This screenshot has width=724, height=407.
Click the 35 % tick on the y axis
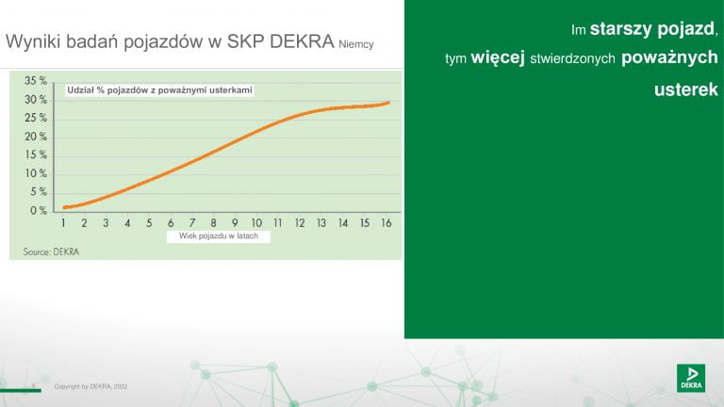pyautogui.click(x=36, y=81)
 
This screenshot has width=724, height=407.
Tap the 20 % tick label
pyautogui.click(x=36, y=137)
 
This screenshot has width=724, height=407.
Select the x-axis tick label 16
pyautogui.click(x=387, y=223)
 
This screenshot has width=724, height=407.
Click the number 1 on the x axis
pyautogui.click(x=63, y=223)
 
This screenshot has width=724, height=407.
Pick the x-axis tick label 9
pyautogui.click(x=235, y=223)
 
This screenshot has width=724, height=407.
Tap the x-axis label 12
pyautogui.click(x=300, y=223)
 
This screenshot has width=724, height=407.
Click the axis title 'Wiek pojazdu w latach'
pyautogui.click(x=219, y=236)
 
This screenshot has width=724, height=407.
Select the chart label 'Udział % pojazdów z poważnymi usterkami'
pyautogui.click(x=159, y=90)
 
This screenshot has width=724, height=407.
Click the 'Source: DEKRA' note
pyautogui.click(x=51, y=252)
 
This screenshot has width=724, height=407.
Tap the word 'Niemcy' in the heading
pyautogui.click(x=356, y=44)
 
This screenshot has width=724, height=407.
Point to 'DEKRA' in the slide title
pyautogui.click(x=302, y=41)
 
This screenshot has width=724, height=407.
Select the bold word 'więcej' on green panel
pyautogui.click(x=498, y=57)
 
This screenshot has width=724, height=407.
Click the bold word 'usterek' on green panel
pyautogui.click(x=686, y=90)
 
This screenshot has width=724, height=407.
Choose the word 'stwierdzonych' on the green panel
pyautogui.click(x=572, y=58)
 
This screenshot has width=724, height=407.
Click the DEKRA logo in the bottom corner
pyautogui.click(x=691, y=378)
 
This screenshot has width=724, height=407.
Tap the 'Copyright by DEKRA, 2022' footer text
pyautogui.click(x=90, y=386)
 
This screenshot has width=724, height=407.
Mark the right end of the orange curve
pyautogui.click(x=388, y=103)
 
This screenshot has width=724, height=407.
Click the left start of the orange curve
pyautogui.click(x=64, y=207)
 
